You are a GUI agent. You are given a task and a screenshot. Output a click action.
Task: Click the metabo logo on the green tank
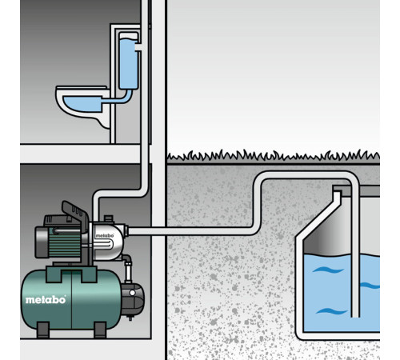[x=46, y=300]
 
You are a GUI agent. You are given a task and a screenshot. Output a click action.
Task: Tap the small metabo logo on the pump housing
[x=105, y=236]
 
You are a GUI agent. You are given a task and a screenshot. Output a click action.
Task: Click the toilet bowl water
[x=82, y=104]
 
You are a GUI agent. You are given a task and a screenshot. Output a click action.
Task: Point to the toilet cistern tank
[x=129, y=61]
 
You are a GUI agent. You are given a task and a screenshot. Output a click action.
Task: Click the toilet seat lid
[x=82, y=88]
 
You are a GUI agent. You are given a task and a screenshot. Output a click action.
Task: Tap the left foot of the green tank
[x=42, y=330]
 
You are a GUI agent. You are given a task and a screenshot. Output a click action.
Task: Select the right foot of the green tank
[x=100, y=330]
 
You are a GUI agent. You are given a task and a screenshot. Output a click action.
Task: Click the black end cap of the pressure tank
[x=133, y=299]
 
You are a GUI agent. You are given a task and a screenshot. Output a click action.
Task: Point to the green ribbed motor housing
[x=65, y=242]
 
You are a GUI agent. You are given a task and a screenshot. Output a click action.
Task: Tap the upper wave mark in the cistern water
[x=328, y=270]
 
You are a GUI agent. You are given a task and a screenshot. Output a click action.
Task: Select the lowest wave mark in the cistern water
[x=331, y=311]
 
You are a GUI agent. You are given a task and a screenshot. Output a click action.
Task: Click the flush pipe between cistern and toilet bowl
[x=118, y=99]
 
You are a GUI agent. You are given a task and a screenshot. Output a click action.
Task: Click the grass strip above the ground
[x=274, y=156]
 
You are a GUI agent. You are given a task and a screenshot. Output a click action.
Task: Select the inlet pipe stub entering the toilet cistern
[x=139, y=47]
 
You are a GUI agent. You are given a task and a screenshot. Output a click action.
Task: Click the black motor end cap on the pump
[x=42, y=242]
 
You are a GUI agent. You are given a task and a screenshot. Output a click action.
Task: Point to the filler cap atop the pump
[x=109, y=218]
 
